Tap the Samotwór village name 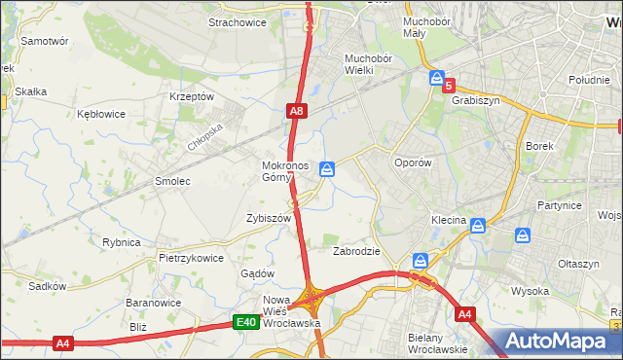click(44, 42)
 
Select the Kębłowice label click(101, 114)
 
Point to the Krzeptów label click(191, 96)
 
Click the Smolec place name click(172, 181)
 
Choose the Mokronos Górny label click(284, 171)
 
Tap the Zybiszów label click(270, 219)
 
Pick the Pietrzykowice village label click(192, 258)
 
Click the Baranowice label click(149, 303)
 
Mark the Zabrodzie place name click(355, 250)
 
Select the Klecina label click(449, 221)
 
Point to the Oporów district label click(412, 162)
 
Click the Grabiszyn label click(475, 99)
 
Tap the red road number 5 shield click(449, 86)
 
